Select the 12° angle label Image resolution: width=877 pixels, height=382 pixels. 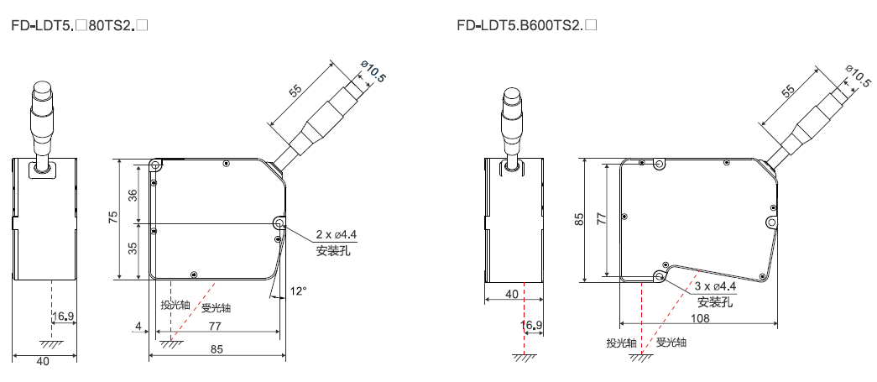pyautogui.click(x=299, y=290)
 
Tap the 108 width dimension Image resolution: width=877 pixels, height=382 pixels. pyautogui.click(x=700, y=318)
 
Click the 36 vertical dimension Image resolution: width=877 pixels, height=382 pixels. pyautogui.click(x=133, y=196)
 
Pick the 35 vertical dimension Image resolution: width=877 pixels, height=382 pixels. pyautogui.click(x=133, y=249)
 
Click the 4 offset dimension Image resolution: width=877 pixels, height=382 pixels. pyautogui.click(x=137, y=325)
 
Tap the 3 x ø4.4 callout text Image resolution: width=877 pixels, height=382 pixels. pyautogui.click(x=715, y=287)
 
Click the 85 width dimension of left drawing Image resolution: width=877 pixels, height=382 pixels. pyautogui.click(x=217, y=349)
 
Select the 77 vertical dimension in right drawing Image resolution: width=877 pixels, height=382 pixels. pyautogui.click(x=602, y=218)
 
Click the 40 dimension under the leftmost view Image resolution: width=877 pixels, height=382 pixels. pyautogui.click(x=43, y=361)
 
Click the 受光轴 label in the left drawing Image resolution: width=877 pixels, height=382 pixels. pyautogui.click(x=217, y=307)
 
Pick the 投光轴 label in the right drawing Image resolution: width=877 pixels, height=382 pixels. pyautogui.click(x=621, y=343)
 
